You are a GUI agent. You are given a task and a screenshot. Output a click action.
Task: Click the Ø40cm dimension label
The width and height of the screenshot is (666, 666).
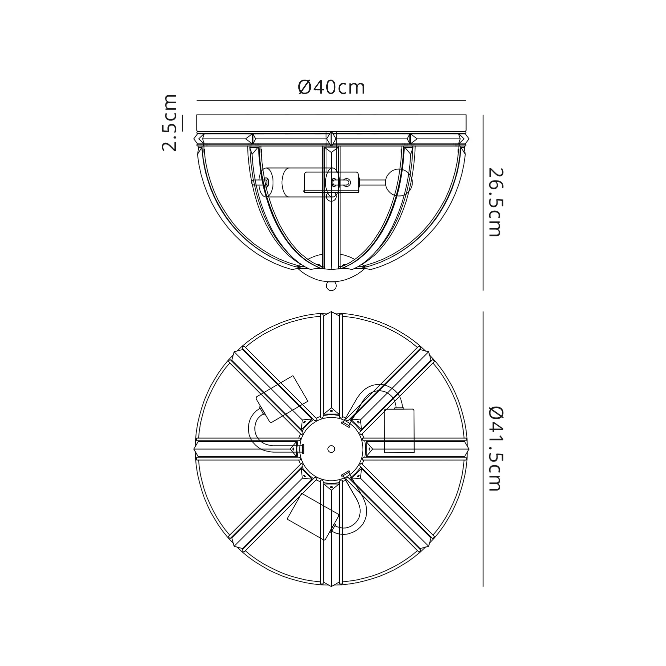pos(331,87)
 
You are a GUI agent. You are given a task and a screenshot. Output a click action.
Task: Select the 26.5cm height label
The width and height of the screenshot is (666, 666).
pos(496,202)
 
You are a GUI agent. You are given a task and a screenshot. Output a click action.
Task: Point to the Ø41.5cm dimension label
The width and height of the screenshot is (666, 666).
pos(496,449)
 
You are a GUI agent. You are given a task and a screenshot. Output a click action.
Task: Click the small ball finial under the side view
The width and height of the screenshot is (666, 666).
pos(331,286)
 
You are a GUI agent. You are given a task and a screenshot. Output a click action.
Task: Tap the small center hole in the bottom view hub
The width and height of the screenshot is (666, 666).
pos(331,449)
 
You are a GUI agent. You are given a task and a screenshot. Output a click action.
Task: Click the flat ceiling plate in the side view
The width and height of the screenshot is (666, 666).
pos(331,123)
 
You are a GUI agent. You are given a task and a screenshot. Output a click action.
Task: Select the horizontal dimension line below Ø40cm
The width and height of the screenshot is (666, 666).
pos(331,101)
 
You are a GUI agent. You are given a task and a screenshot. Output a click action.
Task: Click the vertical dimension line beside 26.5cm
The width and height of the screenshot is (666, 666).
pos(483,203)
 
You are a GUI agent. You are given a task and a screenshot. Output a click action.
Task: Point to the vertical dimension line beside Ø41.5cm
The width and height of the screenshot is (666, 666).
pos(483,449)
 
